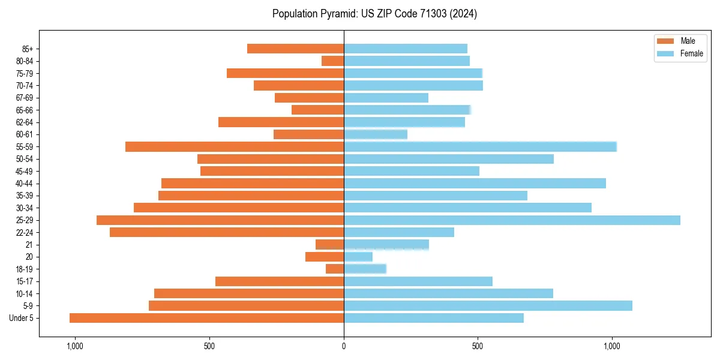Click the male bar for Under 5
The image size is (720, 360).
pos(206,318)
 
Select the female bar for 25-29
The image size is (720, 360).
pos(512,220)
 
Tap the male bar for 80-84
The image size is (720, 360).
pos(332,61)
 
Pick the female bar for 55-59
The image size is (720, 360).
pos(480,146)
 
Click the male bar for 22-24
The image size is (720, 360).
pos(227,232)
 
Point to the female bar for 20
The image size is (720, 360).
pos(358,257)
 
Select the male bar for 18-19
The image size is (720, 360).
pos(335,269)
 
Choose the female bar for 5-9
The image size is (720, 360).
pos(488,305)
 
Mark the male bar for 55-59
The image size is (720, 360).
pos(235,146)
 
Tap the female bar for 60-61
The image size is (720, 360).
pos(376,134)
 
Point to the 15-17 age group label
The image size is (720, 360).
pos(24,281)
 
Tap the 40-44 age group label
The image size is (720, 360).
pos(24,184)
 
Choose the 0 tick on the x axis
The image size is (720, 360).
pos(344,346)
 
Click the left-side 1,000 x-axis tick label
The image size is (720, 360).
pos(75,346)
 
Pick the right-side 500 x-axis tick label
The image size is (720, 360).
pos(478,346)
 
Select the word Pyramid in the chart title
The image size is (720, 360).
pos(338,14)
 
